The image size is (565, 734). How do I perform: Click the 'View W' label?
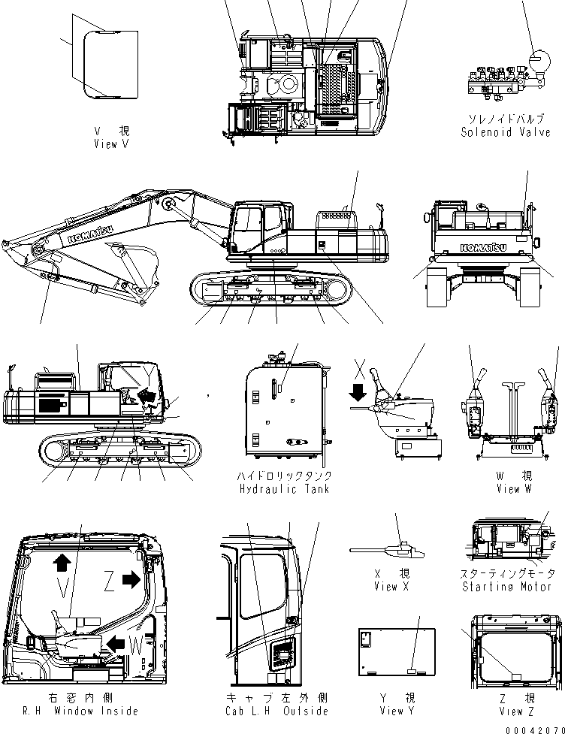point(513,489)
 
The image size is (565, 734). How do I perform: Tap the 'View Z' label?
point(511,711)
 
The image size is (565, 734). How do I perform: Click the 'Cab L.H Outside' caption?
point(276,710)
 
